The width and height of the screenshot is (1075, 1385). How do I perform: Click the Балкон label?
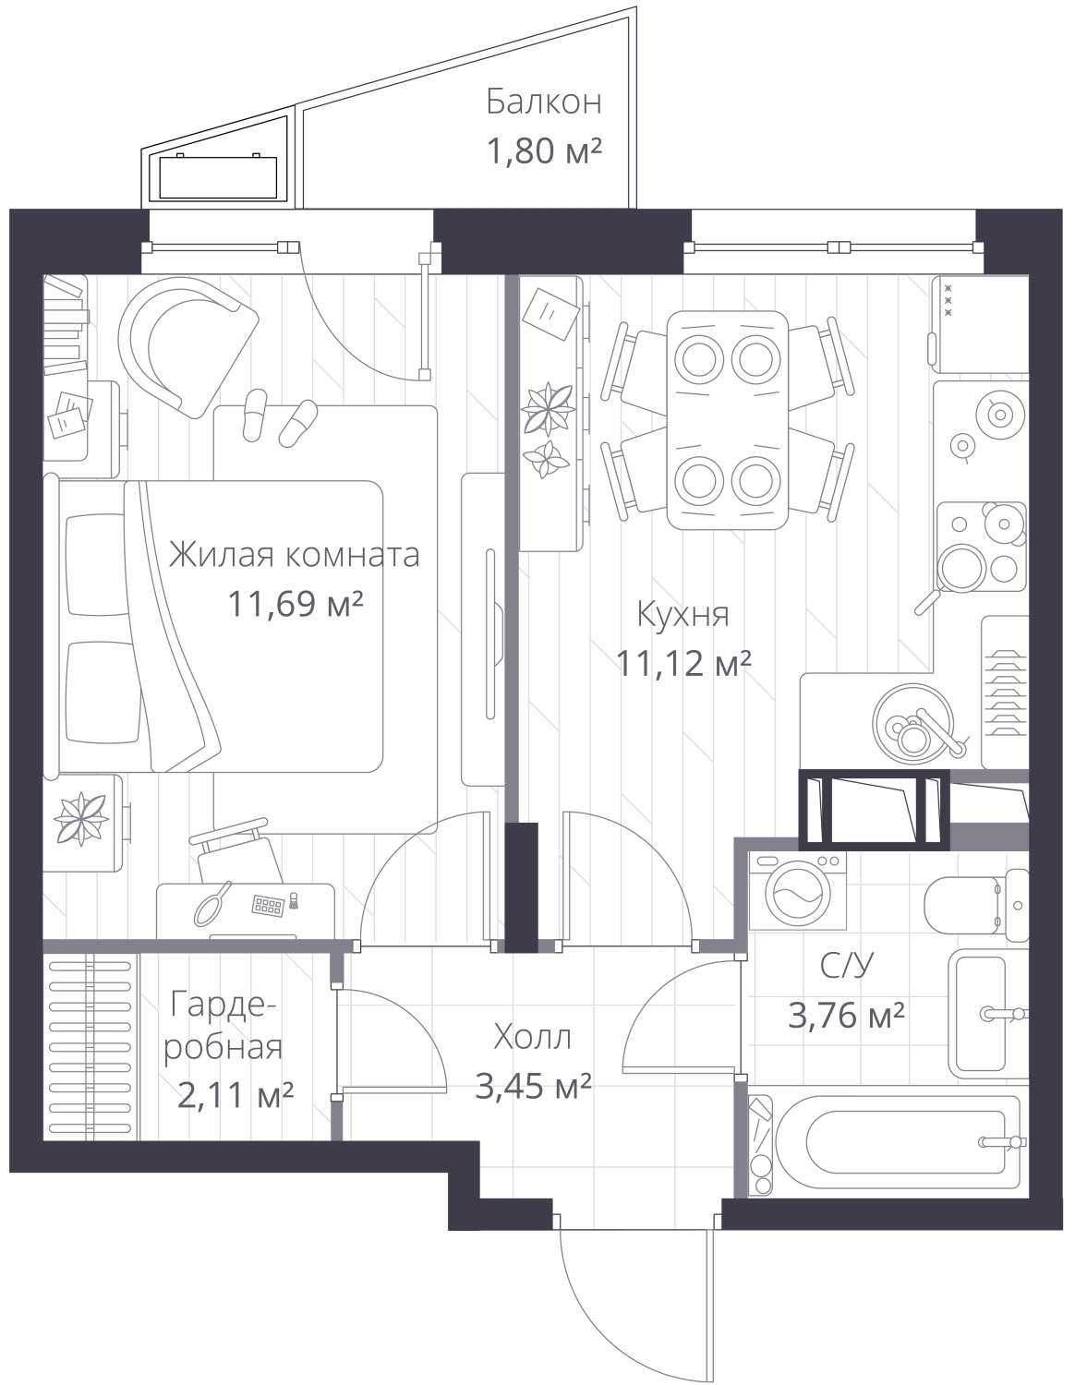[x=544, y=102]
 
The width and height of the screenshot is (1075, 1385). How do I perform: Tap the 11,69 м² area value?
[x=295, y=603]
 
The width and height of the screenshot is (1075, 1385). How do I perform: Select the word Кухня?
[x=682, y=614]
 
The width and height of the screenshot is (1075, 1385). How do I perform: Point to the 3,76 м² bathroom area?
[x=846, y=1015]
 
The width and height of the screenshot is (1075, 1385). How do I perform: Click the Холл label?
[x=533, y=1037]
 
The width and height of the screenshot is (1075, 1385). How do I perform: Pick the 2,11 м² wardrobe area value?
[x=236, y=1095]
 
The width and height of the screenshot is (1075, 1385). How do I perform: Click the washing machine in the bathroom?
[x=798, y=891]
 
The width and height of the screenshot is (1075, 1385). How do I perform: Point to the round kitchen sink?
[x=913, y=723]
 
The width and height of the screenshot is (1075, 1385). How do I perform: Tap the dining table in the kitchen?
[x=728, y=420]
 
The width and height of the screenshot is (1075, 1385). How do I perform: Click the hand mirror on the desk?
[x=213, y=902]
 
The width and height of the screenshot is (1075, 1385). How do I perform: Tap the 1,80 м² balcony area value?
[x=544, y=151]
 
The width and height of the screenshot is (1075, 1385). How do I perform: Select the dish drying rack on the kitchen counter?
[x=1006, y=692]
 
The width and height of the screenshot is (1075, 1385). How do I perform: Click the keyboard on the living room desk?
[x=268, y=905]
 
